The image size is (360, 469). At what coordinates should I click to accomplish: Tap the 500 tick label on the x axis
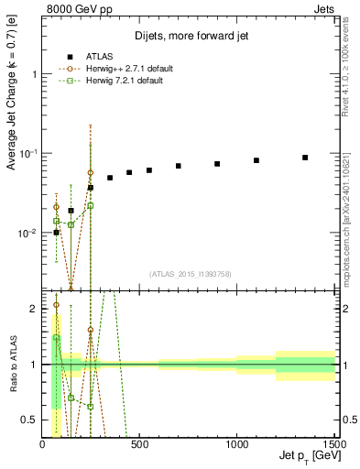click(x=139, y=445)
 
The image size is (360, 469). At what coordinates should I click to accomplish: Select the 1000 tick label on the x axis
click(x=236, y=445)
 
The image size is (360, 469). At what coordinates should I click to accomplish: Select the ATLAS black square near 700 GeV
click(x=179, y=166)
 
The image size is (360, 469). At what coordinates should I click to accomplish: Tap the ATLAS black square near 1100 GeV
click(x=256, y=160)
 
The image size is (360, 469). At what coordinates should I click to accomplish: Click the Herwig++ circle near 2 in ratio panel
click(x=56, y=305)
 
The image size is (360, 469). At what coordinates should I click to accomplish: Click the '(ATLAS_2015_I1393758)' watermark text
click(x=190, y=273)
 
